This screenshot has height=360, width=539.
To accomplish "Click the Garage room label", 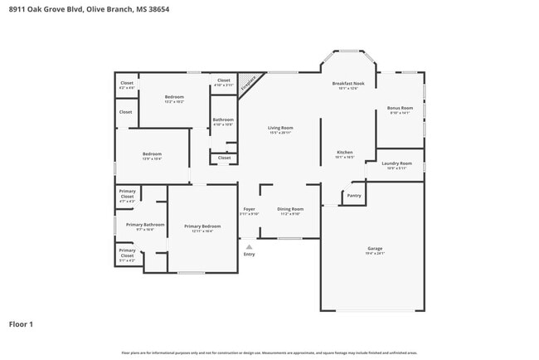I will tap(375, 248).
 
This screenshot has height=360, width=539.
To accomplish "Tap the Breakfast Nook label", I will tap(348, 84).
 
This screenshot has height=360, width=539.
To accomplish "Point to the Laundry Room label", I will tap(396, 163).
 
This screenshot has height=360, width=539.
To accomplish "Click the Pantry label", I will tap(354, 196).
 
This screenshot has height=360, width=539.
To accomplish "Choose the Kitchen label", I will tap(345, 153).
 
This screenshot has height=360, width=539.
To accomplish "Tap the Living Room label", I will tap(279, 128).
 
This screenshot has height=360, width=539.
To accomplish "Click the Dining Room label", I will tap(290, 209).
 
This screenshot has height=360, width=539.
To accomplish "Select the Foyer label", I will tap(249, 209).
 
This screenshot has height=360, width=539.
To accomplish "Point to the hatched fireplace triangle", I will tap(248, 83).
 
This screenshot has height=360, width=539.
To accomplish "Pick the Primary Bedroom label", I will tap(202, 226).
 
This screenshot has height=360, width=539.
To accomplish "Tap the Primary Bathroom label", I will tap(145, 225).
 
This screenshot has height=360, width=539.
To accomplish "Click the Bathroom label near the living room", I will tap(223, 119).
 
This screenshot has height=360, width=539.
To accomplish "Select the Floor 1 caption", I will tap(21, 324).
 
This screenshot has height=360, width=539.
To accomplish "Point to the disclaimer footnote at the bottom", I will tap(269, 353).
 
